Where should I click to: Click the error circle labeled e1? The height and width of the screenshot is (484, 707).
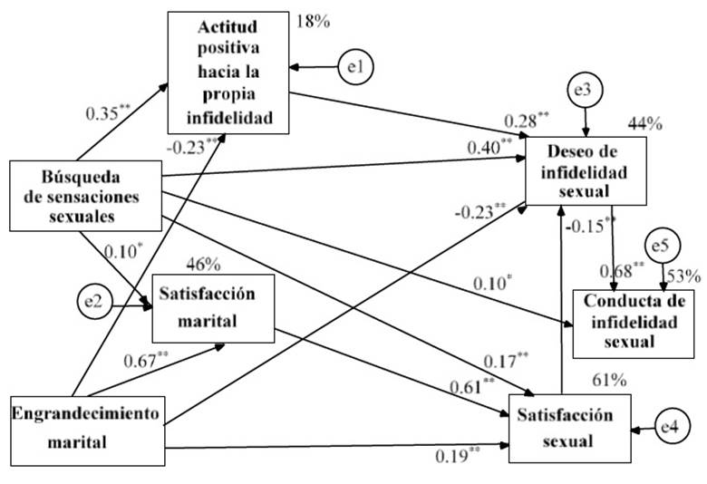click(355, 67)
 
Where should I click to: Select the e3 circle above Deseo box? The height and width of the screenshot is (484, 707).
click(586, 90)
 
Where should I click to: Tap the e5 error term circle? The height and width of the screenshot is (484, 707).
click(663, 247)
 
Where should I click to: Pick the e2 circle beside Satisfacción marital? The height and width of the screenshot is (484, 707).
click(94, 301)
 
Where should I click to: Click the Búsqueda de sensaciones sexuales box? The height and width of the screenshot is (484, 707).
click(86, 196)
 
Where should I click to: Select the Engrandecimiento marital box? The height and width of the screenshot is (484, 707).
click(88, 431)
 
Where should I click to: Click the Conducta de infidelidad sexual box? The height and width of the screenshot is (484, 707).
click(634, 324)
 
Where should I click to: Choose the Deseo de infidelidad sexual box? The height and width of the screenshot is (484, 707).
click(586, 171)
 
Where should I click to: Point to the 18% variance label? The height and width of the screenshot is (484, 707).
click(313, 22)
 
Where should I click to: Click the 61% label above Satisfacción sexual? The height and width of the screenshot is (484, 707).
click(610, 381)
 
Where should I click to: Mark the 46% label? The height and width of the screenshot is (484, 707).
click(203, 265)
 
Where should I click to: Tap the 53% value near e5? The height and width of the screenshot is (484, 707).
click(684, 276)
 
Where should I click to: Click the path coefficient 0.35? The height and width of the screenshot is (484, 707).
click(108, 112)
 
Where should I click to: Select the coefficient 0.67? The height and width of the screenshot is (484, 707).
click(146, 360)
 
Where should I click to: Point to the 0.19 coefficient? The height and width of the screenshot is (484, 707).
click(457, 456)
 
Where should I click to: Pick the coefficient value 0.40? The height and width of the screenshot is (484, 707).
click(489, 148)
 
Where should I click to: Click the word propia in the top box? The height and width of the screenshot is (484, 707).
click(229, 94)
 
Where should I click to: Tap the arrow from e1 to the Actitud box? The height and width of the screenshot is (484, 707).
click(314, 68)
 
